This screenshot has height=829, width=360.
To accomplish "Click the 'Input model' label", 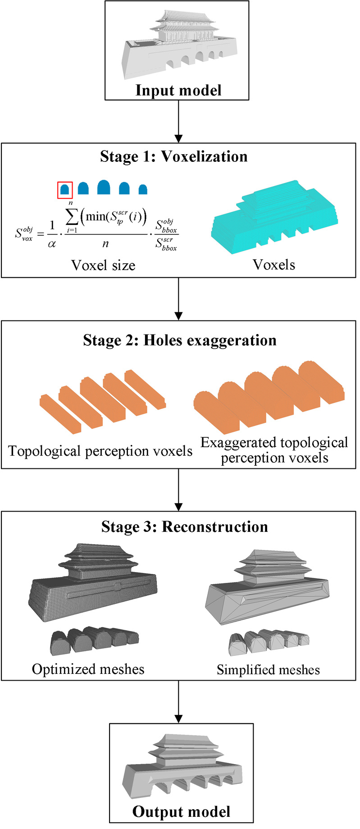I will pyautogui.click(x=178, y=90).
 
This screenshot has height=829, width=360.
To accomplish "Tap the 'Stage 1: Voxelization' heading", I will pyautogui.click(x=174, y=156).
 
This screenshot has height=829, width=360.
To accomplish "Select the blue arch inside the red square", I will pyautogui.click(x=65, y=190).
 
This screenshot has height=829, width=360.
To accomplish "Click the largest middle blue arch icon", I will pyautogui.click(x=104, y=187).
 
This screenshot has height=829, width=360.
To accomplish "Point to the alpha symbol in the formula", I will pyautogui.click(x=52, y=244).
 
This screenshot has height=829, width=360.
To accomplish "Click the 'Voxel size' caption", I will pyautogui.click(x=103, y=265).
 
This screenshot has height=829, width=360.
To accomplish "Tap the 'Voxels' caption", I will pyautogui.click(x=274, y=265).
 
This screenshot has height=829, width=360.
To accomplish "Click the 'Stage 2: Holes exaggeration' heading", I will pyautogui.click(x=179, y=340).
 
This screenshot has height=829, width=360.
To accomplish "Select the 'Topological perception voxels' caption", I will pyautogui.click(x=100, y=451).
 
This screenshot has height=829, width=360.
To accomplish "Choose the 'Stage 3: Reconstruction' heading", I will pyautogui.click(x=184, y=527).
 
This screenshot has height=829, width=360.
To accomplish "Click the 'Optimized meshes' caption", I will pyautogui.click(x=88, y=669).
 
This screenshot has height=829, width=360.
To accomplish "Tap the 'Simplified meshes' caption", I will pyautogui.click(x=268, y=670).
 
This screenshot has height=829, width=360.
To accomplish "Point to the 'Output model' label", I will pyautogui.click(x=181, y=811).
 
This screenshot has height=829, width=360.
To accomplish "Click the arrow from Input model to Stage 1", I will pyautogui.click(x=179, y=121).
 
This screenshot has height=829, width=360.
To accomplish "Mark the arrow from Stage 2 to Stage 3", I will pyautogui.click(x=179, y=490).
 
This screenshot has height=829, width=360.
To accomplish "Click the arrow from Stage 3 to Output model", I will pyautogui.click(x=179, y=701).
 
